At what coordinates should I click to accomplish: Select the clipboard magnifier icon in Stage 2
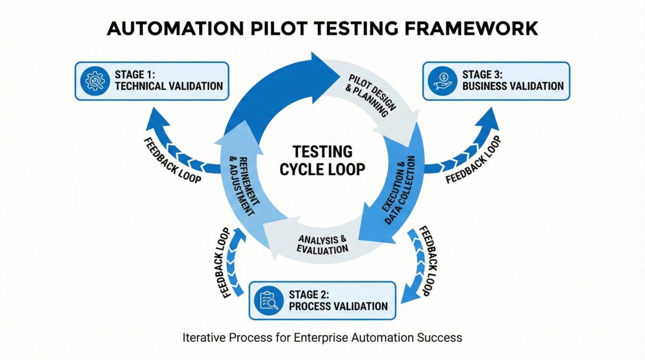coord(269,300)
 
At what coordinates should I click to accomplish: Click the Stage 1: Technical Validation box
coord(152,81)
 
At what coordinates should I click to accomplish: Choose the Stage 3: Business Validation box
coord(496,81)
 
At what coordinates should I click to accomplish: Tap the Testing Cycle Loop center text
coord(322,161)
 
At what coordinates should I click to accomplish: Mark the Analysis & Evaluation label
coord(322,244)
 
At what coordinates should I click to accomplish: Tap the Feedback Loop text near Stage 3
coord(474,160)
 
